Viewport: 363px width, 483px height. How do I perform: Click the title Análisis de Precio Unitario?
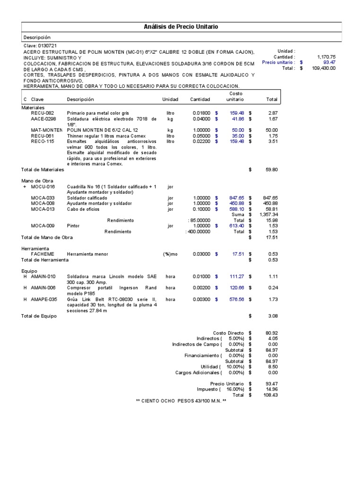click(181, 27)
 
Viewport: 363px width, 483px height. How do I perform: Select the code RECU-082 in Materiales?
click(42, 113)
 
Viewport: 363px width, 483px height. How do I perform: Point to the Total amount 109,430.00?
click(324, 68)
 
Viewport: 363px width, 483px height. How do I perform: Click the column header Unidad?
click(170, 100)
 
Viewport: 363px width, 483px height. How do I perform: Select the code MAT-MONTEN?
click(46, 130)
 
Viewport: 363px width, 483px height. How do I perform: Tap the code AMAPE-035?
click(44, 299)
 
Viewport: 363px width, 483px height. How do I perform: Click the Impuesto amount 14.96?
click(271, 389)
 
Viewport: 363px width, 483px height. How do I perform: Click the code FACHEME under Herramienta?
click(42, 254)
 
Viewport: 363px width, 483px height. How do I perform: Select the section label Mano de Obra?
click(37, 181)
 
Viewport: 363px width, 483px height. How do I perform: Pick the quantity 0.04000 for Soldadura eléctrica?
click(201, 119)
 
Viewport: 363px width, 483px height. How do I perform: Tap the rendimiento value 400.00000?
click(199, 232)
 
